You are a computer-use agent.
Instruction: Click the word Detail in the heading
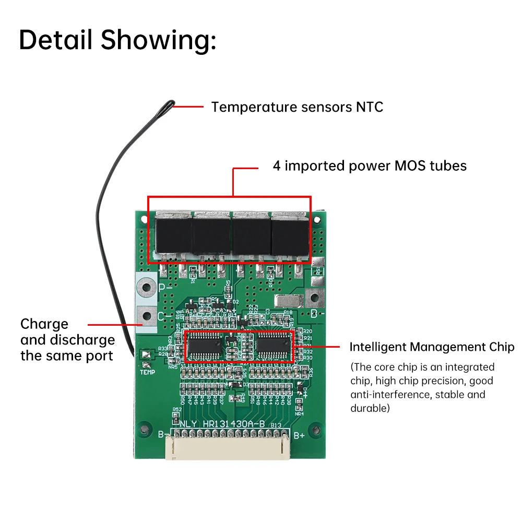[x=56, y=40]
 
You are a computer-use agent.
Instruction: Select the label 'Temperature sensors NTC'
[x=296, y=107]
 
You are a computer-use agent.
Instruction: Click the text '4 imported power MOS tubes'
[x=370, y=166]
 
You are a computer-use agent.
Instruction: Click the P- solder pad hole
[x=146, y=287]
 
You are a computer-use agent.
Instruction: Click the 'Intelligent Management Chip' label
[x=432, y=347]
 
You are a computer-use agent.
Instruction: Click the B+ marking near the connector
[x=299, y=435]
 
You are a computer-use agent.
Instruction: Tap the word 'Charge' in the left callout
[x=44, y=324]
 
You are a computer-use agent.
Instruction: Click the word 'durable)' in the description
[x=370, y=408]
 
